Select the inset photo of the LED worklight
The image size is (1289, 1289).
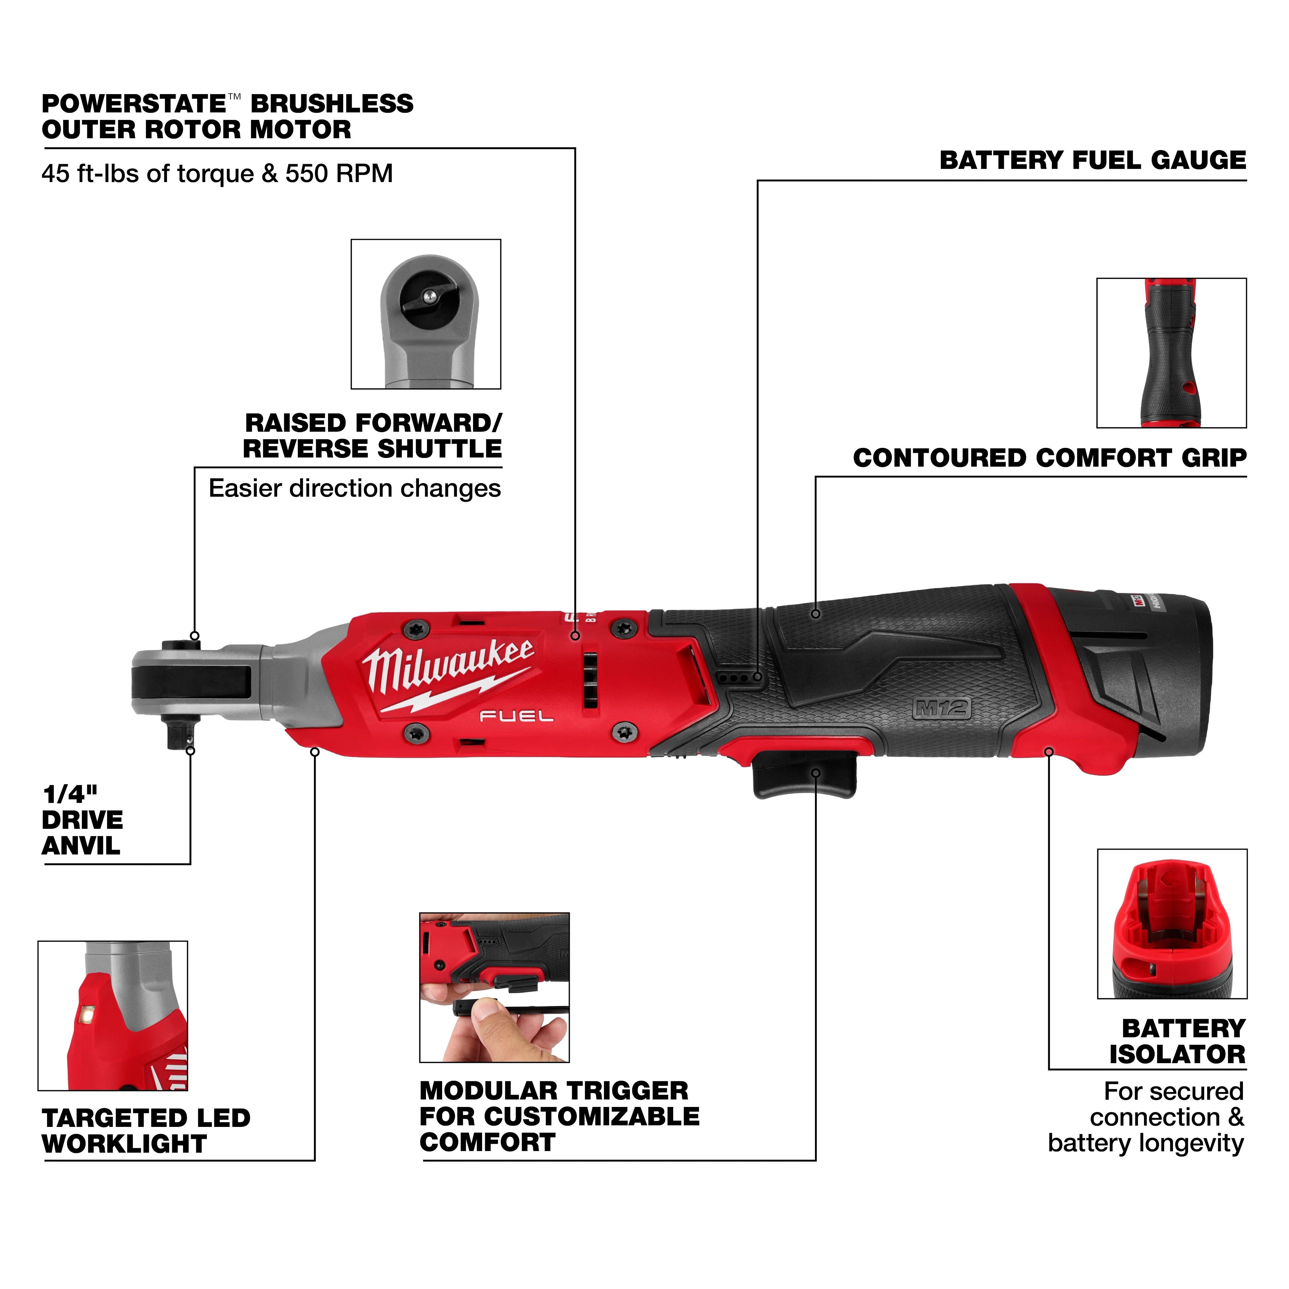[x=113, y=1015]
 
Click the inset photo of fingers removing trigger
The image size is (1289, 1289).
[x=494, y=987]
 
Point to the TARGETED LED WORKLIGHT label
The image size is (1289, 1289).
[x=145, y=1130]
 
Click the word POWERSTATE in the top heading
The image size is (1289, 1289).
[x=133, y=104]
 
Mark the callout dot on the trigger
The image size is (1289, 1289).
[x=815, y=773]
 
